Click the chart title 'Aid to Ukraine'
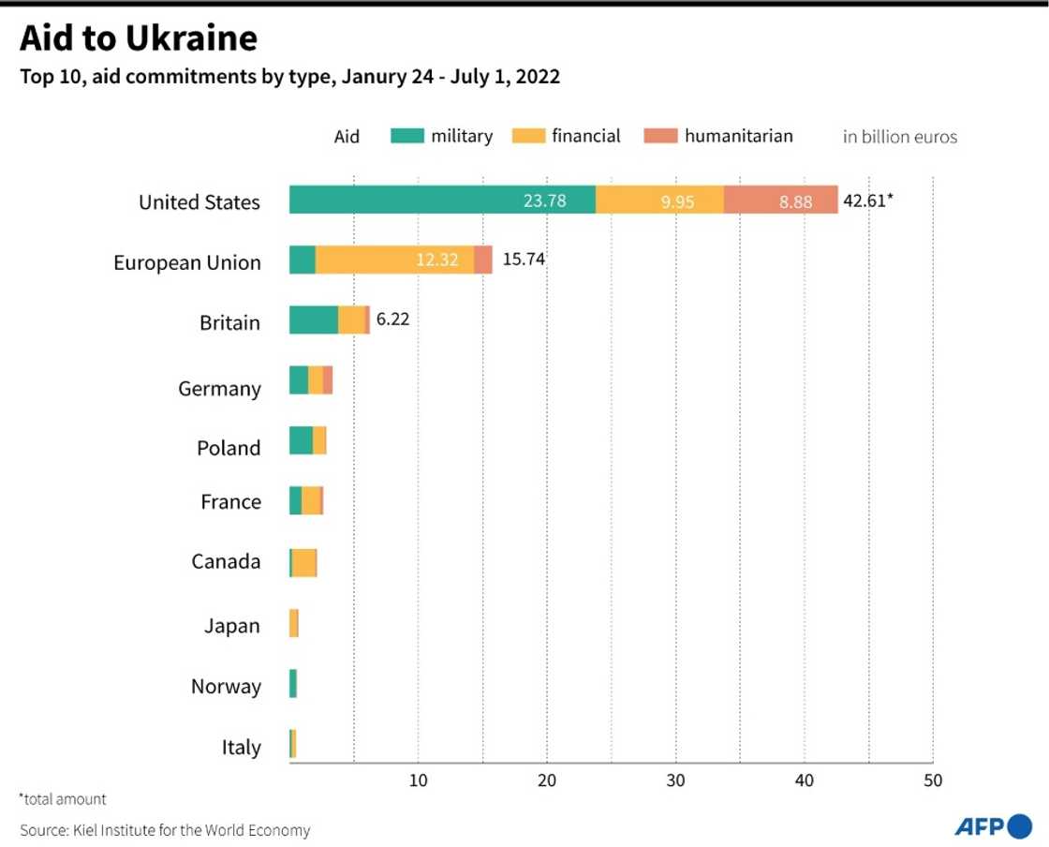click(x=138, y=38)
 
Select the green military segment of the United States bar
click(x=442, y=200)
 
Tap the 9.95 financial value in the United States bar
click(x=676, y=201)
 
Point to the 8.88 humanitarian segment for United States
click(x=795, y=201)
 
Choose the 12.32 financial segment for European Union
click(x=438, y=260)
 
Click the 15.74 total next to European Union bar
click(x=523, y=260)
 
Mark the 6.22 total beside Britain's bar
click(x=392, y=319)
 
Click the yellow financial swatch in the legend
click(x=528, y=136)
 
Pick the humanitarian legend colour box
click(x=660, y=136)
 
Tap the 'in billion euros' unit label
click(x=899, y=137)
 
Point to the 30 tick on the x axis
click(x=675, y=780)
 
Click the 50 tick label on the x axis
click(x=932, y=780)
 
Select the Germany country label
click(x=219, y=388)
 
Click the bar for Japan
click(x=294, y=623)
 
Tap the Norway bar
click(x=293, y=683)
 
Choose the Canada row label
click(x=226, y=561)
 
